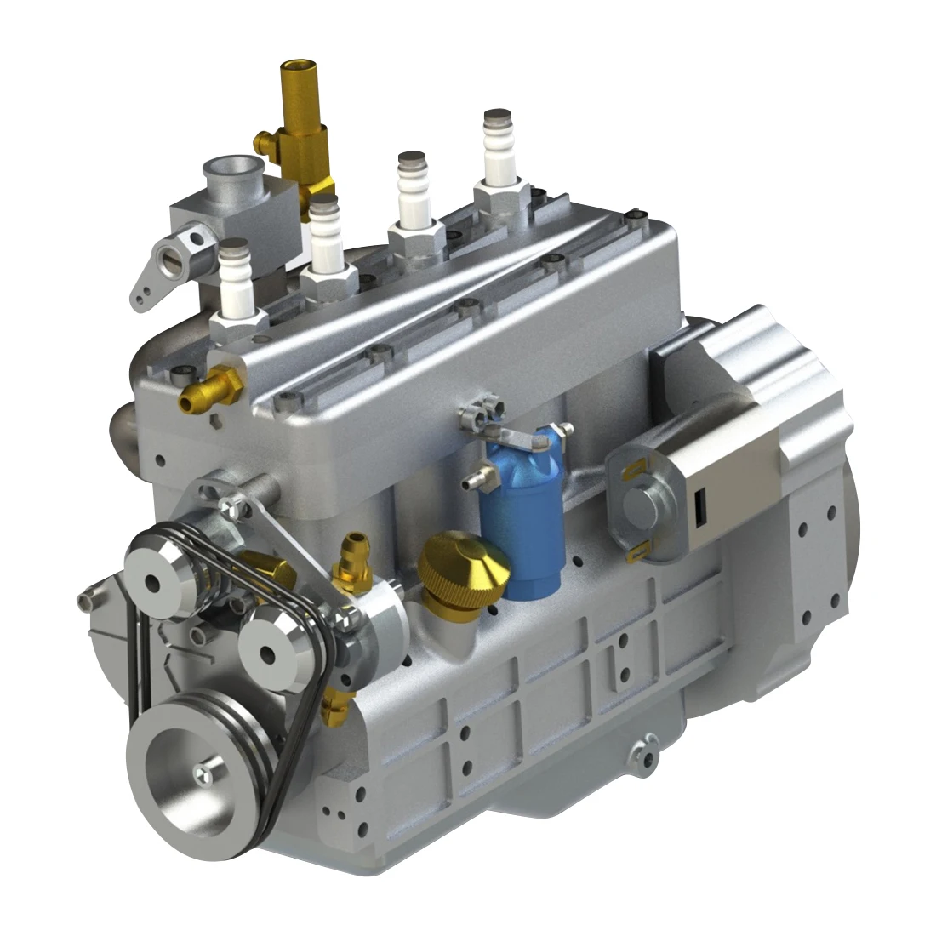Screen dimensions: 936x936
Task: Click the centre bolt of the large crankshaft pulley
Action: pyautogui.click(x=203, y=772)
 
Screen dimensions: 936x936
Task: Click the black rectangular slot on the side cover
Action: pyautogui.click(x=701, y=508)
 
